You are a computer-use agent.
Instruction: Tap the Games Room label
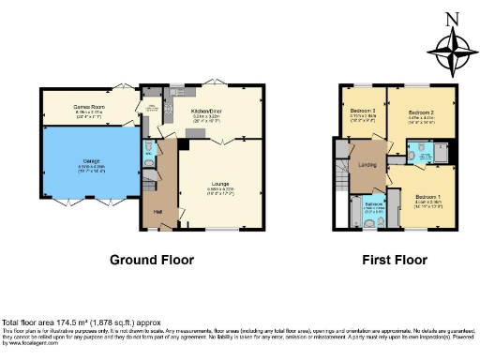tap(88, 107)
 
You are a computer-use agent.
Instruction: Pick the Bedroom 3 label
tap(364, 110)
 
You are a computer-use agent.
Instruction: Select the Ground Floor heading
tap(152, 260)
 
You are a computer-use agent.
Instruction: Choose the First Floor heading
tap(394, 260)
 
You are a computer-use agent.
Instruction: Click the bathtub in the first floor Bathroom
tap(356, 215)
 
